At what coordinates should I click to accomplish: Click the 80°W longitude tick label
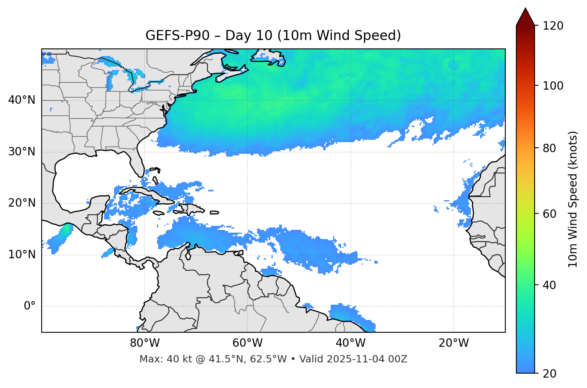point(145,343)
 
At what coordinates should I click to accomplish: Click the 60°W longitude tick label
point(247,343)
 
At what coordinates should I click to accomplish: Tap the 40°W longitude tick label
point(350,343)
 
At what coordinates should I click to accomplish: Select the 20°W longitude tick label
point(454,343)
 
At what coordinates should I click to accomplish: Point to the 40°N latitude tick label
point(22,100)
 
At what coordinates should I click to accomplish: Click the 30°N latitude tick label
point(22,152)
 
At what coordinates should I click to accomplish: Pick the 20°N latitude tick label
point(22,203)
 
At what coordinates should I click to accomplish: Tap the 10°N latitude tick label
point(22,255)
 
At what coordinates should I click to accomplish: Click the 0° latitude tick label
point(30,306)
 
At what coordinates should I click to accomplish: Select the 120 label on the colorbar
point(553,26)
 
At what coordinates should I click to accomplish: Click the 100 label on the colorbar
point(553,86)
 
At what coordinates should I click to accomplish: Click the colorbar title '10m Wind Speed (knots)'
point(573,199)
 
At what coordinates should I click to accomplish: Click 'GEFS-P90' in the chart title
point(177,36)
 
